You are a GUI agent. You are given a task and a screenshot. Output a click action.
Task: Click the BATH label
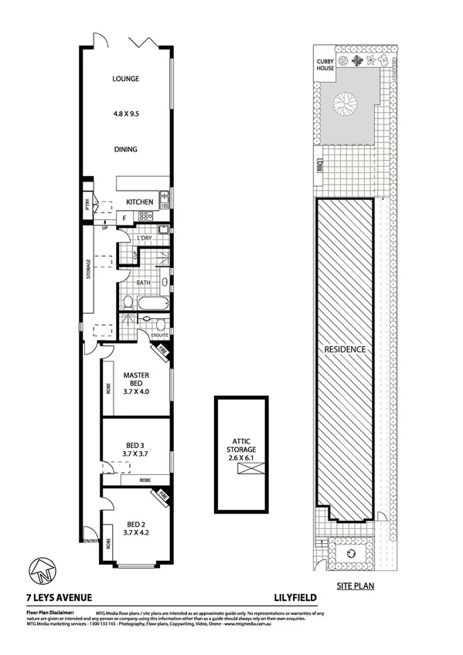[x=143, y=283]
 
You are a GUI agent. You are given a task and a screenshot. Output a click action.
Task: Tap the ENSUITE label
[x=159, y=336]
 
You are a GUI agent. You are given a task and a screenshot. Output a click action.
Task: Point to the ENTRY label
[x=91, y=541]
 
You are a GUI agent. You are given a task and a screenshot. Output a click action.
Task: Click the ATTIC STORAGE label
[x=240, y=443]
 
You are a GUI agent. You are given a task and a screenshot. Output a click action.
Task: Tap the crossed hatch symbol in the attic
[x=240, y=465]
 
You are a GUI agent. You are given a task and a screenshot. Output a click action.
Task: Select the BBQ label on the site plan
[x=318, y=165]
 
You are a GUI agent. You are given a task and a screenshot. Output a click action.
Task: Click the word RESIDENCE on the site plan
[x=345, y=348]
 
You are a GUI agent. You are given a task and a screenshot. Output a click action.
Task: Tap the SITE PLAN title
[x=356, y=586]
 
